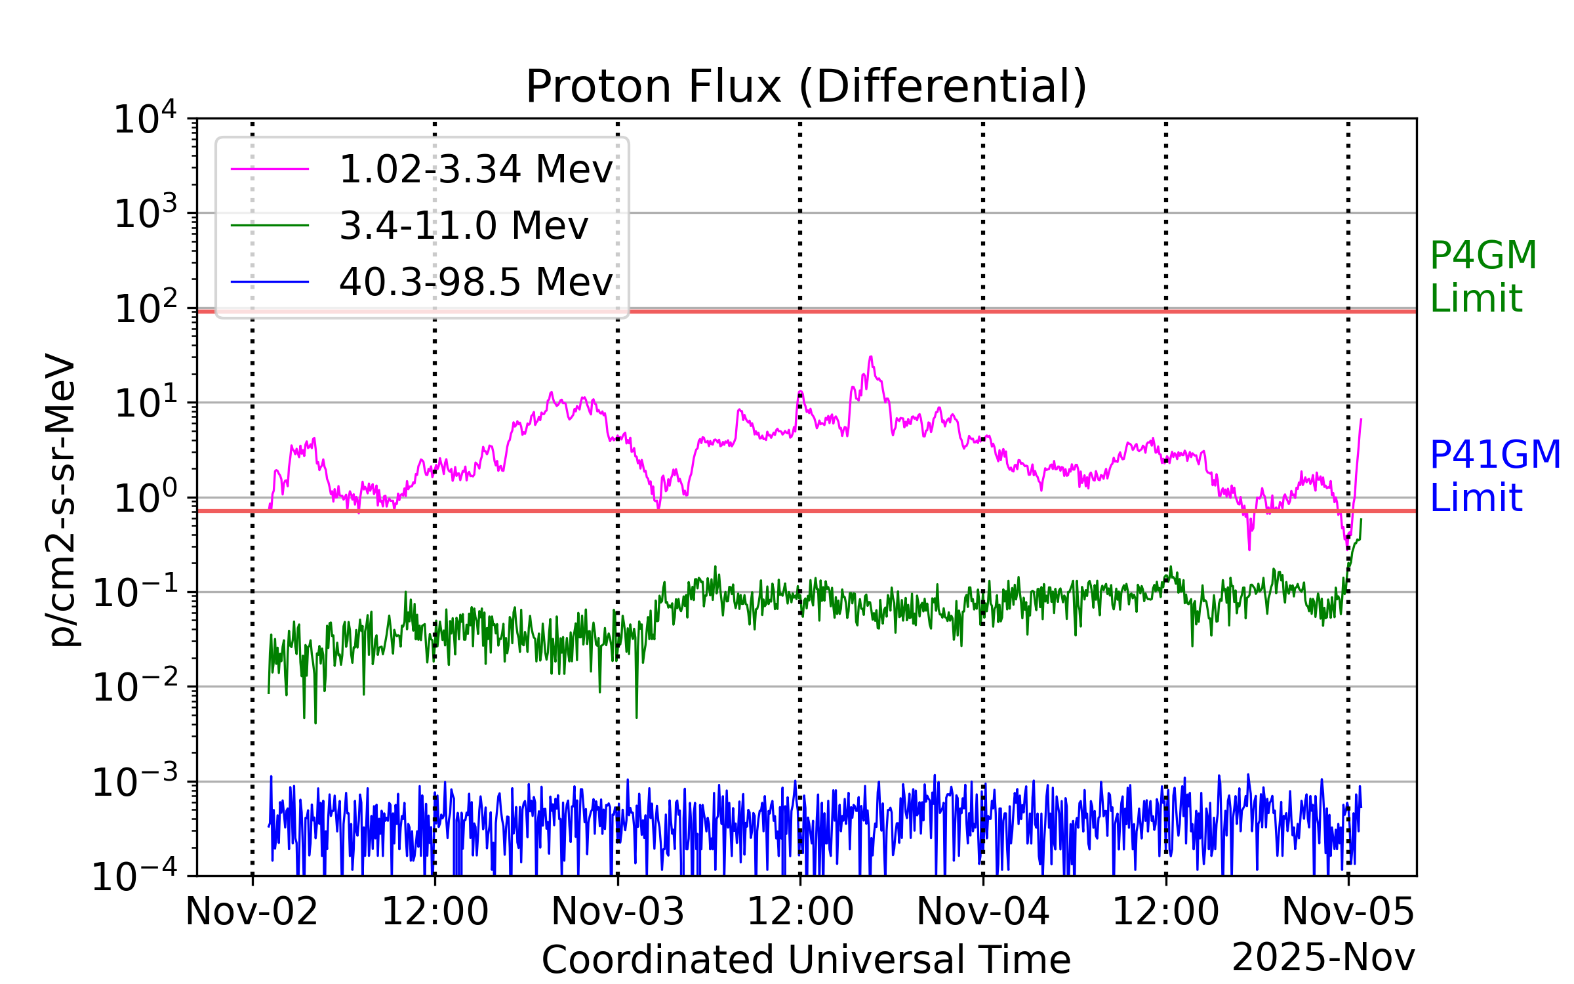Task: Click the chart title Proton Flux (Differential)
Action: click(x=806, y=87)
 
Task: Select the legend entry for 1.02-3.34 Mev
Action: click(x=475, y=169)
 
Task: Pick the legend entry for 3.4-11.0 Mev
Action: click(x=463, y=226)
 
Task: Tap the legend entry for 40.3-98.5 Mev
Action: click(x=475, y=282)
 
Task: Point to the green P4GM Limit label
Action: click(x=1483, y=276)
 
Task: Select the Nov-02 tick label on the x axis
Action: click(x=252, y=912)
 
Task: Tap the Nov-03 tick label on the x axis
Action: click(x=618, y=912)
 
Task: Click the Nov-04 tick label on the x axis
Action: click(x=982, y=912)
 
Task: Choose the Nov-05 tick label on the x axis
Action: click(x=1348, y=912)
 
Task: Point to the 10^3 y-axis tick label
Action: click(x=145, y=213)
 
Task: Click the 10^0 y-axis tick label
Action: click(x=145, y=498)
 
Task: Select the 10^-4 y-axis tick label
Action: click(x=134, y=876)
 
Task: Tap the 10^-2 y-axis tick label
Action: click(x=134, y=687)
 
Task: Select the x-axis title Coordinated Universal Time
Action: click(x=806, y=960)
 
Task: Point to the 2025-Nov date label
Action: click(x=1323, y=957)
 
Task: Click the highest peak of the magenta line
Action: click(x=870, y=357)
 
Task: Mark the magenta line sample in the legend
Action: click(x=270, y=169)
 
